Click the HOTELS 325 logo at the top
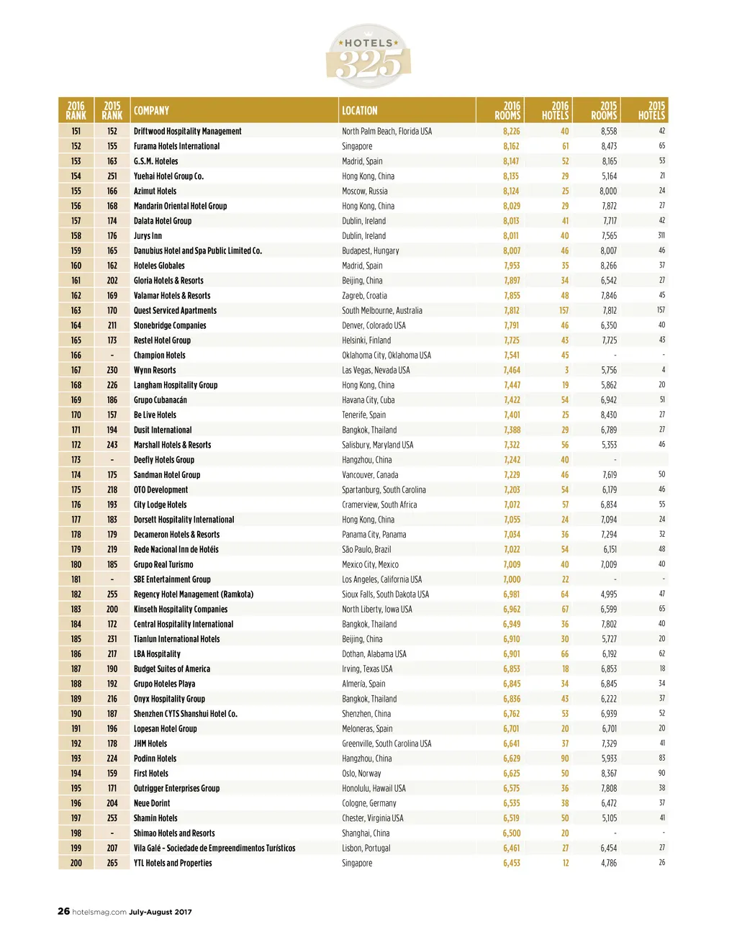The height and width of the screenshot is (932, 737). coord(368,56)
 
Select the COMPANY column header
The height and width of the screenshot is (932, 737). coord(151,111)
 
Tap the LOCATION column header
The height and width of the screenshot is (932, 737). coord(359,111)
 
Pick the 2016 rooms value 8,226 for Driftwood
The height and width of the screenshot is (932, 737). coord(511,131)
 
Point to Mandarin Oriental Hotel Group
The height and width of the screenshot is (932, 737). coord(180,206)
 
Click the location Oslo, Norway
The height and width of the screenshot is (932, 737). coord(361,774)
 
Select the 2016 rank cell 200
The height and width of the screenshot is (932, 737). coord(76,863)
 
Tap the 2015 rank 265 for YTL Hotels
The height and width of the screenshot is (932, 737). coord(112,863)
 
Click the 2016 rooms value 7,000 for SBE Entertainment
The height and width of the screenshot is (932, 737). coord(512,579)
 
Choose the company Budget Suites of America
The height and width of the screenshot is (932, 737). coord(172,669)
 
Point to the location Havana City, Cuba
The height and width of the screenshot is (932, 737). coord(368,400)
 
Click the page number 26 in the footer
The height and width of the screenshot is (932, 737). coord(64,911)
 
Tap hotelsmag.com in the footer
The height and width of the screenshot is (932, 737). coord(99,912)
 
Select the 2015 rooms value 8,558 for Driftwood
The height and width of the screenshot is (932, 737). coord(609,131)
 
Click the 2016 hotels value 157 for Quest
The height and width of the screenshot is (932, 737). coord(564,310)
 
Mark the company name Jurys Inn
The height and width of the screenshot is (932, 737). coord(148,236)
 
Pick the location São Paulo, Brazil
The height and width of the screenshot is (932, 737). coord(366,549)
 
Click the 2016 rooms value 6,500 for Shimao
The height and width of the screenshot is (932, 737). coord(511,833)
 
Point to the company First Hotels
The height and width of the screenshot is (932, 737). coord(151,774)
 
